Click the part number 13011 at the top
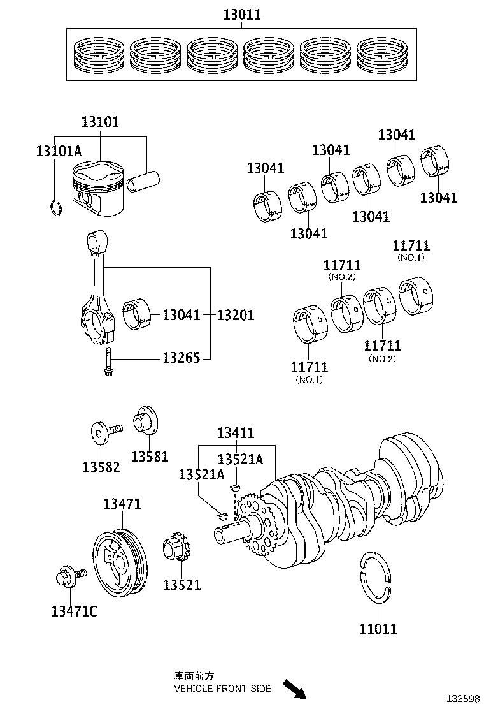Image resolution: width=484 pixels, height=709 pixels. click(x=242, y=15)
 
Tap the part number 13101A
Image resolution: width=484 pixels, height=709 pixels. click(x=59, y=151)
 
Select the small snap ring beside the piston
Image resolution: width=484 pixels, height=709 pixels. click(x=56, y=208)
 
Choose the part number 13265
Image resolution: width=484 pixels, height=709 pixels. click(x=181, y=358)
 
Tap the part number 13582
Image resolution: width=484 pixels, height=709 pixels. click(x=101, y=466)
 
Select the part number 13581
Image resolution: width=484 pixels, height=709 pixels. click(x=150, y=456)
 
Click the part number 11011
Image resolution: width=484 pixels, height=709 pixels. click(x=378, y=629)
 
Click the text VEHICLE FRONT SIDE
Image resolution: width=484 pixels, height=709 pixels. click(x=222, y=688)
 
